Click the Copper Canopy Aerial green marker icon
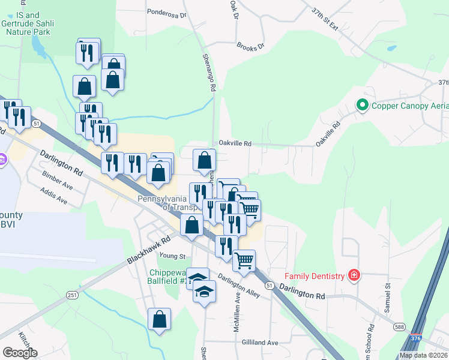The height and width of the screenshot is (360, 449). tap(362, 106)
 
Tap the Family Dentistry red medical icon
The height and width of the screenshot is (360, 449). tap(355, 275)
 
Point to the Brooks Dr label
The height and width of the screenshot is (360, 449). tap(250, 46)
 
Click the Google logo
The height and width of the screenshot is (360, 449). tap(20, 352)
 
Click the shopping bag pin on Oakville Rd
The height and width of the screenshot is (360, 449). tap(204, 160)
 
